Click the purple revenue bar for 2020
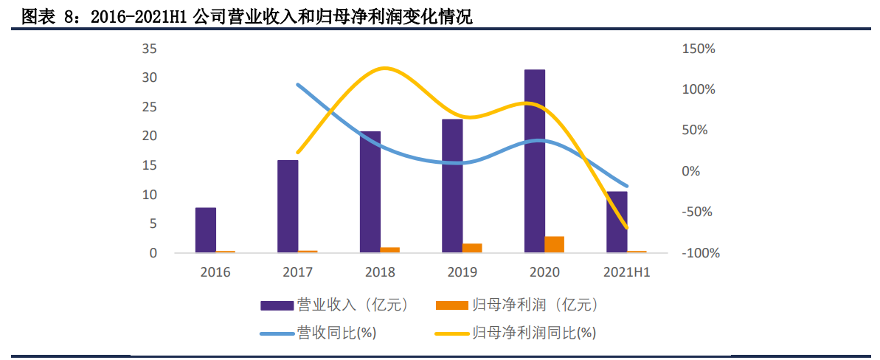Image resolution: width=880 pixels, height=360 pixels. [534, 161]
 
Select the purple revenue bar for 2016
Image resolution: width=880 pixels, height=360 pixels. [206, 230]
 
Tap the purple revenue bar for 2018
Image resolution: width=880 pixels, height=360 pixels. [370, 192]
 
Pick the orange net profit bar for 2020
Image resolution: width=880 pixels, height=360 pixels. [554, 245]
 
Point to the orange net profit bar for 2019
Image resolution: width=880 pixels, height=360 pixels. [472, 248]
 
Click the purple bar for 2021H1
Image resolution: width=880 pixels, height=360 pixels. [617, 222]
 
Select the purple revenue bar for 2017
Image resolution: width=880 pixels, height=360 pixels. [288, 207]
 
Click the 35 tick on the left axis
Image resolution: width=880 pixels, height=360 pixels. [149, 49]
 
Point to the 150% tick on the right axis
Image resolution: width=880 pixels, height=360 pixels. [699, 49]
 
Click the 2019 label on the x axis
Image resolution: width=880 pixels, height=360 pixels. [462, 272]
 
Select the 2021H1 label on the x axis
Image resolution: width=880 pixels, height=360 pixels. [626, 272]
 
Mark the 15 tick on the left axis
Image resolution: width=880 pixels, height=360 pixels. [149, 166]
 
